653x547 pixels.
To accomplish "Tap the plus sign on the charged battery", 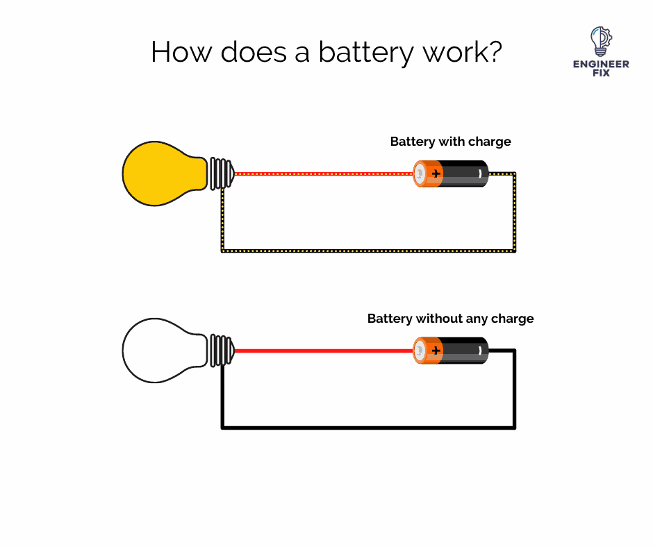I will pyautogui.click(x=436, y=174).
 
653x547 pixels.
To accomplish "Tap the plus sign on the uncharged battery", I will pyautogui.click(x=436, y=351).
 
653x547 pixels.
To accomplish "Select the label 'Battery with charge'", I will pyautogui.click(x=450, y=142).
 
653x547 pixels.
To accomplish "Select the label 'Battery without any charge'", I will pyautogui.click(x=450, y=319).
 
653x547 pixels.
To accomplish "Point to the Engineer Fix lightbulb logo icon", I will pyautogui.click(x=600, y=42).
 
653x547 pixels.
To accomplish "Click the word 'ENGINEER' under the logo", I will pyautogui.click(x=601, y=64).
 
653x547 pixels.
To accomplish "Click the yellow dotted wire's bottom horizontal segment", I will pyautogui.click(x=368, y=250).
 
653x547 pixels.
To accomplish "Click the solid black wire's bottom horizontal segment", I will pyautogui.click(x=368, y=427).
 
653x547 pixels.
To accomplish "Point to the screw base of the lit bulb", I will pyautogui.click(x=221, y=173).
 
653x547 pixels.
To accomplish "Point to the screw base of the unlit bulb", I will pyautogui.click(x=221, y=350).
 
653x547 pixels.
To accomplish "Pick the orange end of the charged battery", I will pyautogui.click(x=428, y=174).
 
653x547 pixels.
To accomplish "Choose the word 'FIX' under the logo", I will pyautogui.click(x=601, y=73).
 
